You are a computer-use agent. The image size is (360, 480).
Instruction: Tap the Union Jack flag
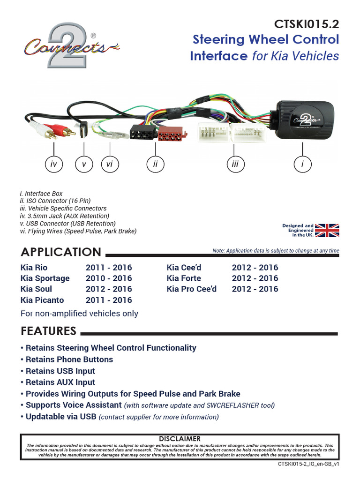tap(327, 230)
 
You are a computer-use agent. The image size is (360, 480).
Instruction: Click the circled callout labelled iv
tap(54, 164)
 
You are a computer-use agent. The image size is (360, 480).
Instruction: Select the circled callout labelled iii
tap(235, 164)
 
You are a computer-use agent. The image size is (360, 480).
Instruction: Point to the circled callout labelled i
tap(303, 164)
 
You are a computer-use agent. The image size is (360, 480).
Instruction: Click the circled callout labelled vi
tap(110, 164)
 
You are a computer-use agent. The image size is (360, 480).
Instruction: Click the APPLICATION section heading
tap(61, 252)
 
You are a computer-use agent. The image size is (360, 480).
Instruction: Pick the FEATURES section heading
tap(49, 331)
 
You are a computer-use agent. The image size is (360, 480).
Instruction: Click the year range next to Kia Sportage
tap(109, 278)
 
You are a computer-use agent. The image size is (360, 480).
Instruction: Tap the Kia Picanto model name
tap(42, 300)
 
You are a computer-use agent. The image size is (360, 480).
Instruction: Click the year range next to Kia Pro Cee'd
tap(255, 289)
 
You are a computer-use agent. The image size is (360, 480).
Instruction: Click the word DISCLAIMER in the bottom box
tap(180, 439)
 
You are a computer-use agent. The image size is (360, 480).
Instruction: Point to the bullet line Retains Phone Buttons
tap(69, 360)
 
